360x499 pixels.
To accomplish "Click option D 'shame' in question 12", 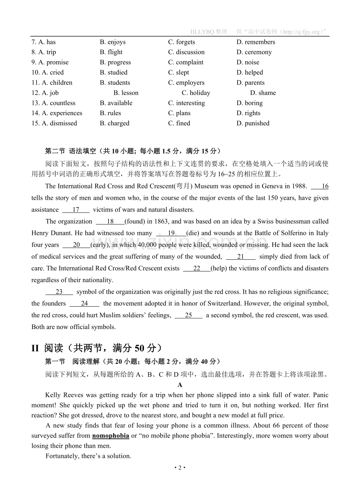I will point(263,93).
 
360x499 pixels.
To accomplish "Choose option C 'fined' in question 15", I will point(179,123).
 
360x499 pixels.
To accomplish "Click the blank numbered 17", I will point(76,210).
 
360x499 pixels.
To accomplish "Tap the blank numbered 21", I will point(241,257).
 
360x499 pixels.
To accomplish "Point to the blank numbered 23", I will point(59,292).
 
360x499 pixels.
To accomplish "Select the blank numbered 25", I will point(189,315).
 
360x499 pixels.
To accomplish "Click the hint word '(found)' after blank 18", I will point(135,221).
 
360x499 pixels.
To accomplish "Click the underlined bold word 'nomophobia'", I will point(111,436).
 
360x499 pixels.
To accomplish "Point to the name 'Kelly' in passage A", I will point(53,395).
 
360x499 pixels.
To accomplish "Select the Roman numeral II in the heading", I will point(35,348).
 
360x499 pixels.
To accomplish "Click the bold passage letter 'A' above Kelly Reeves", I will point(180,385).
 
